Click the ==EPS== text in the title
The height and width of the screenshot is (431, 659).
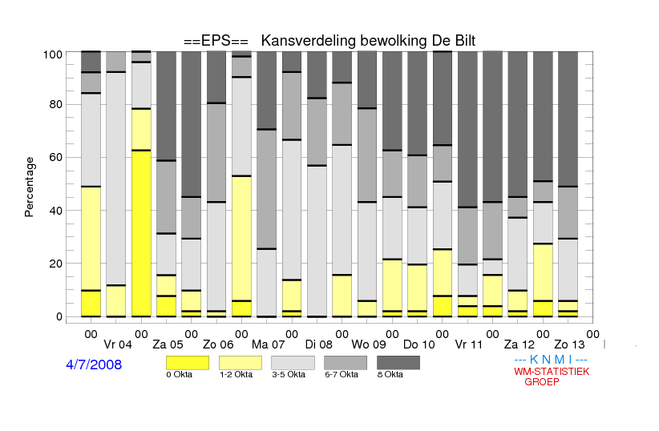(x=216, y=41)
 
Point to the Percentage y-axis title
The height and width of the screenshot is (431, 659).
(x=29, y=187)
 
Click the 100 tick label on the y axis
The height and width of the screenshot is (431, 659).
(x=53, y=54)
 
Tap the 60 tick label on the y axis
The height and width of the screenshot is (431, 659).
(x=56, y=157)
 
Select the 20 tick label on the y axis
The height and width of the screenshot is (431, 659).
(x=56, y=264)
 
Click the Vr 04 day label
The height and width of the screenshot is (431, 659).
(x=118, y=344)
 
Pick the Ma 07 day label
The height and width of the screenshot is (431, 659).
(x=268, y=344)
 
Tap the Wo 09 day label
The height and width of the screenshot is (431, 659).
(x=369, y=344)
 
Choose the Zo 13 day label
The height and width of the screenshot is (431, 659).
(x=569, y=344)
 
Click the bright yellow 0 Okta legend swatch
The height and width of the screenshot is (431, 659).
(x=188, y=363)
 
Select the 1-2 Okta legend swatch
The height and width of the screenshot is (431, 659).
(x=241, y=363)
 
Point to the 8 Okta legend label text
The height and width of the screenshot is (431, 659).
(x=390, y=374)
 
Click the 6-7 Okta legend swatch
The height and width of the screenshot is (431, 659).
(x=346, y=363)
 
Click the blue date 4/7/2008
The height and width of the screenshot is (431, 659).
(x=94, y=365)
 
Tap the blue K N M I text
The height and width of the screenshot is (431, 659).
(x=551, y=360)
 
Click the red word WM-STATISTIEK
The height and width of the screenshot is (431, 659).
(x=552, y=372)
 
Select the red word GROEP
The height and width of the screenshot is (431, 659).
(x=542, y=382)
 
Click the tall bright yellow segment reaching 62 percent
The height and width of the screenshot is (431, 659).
(x=141, y=234)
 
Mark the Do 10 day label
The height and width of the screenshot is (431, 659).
(x=419, y=344)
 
